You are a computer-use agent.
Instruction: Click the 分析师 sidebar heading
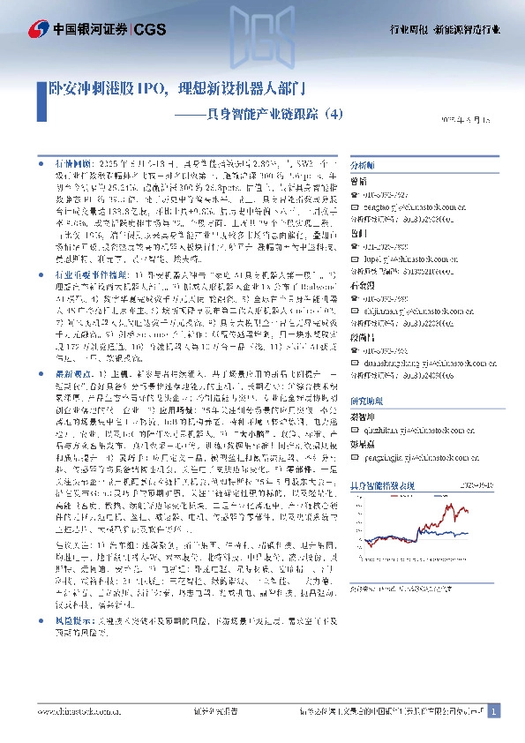388,165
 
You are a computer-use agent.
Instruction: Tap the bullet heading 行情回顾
72,164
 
